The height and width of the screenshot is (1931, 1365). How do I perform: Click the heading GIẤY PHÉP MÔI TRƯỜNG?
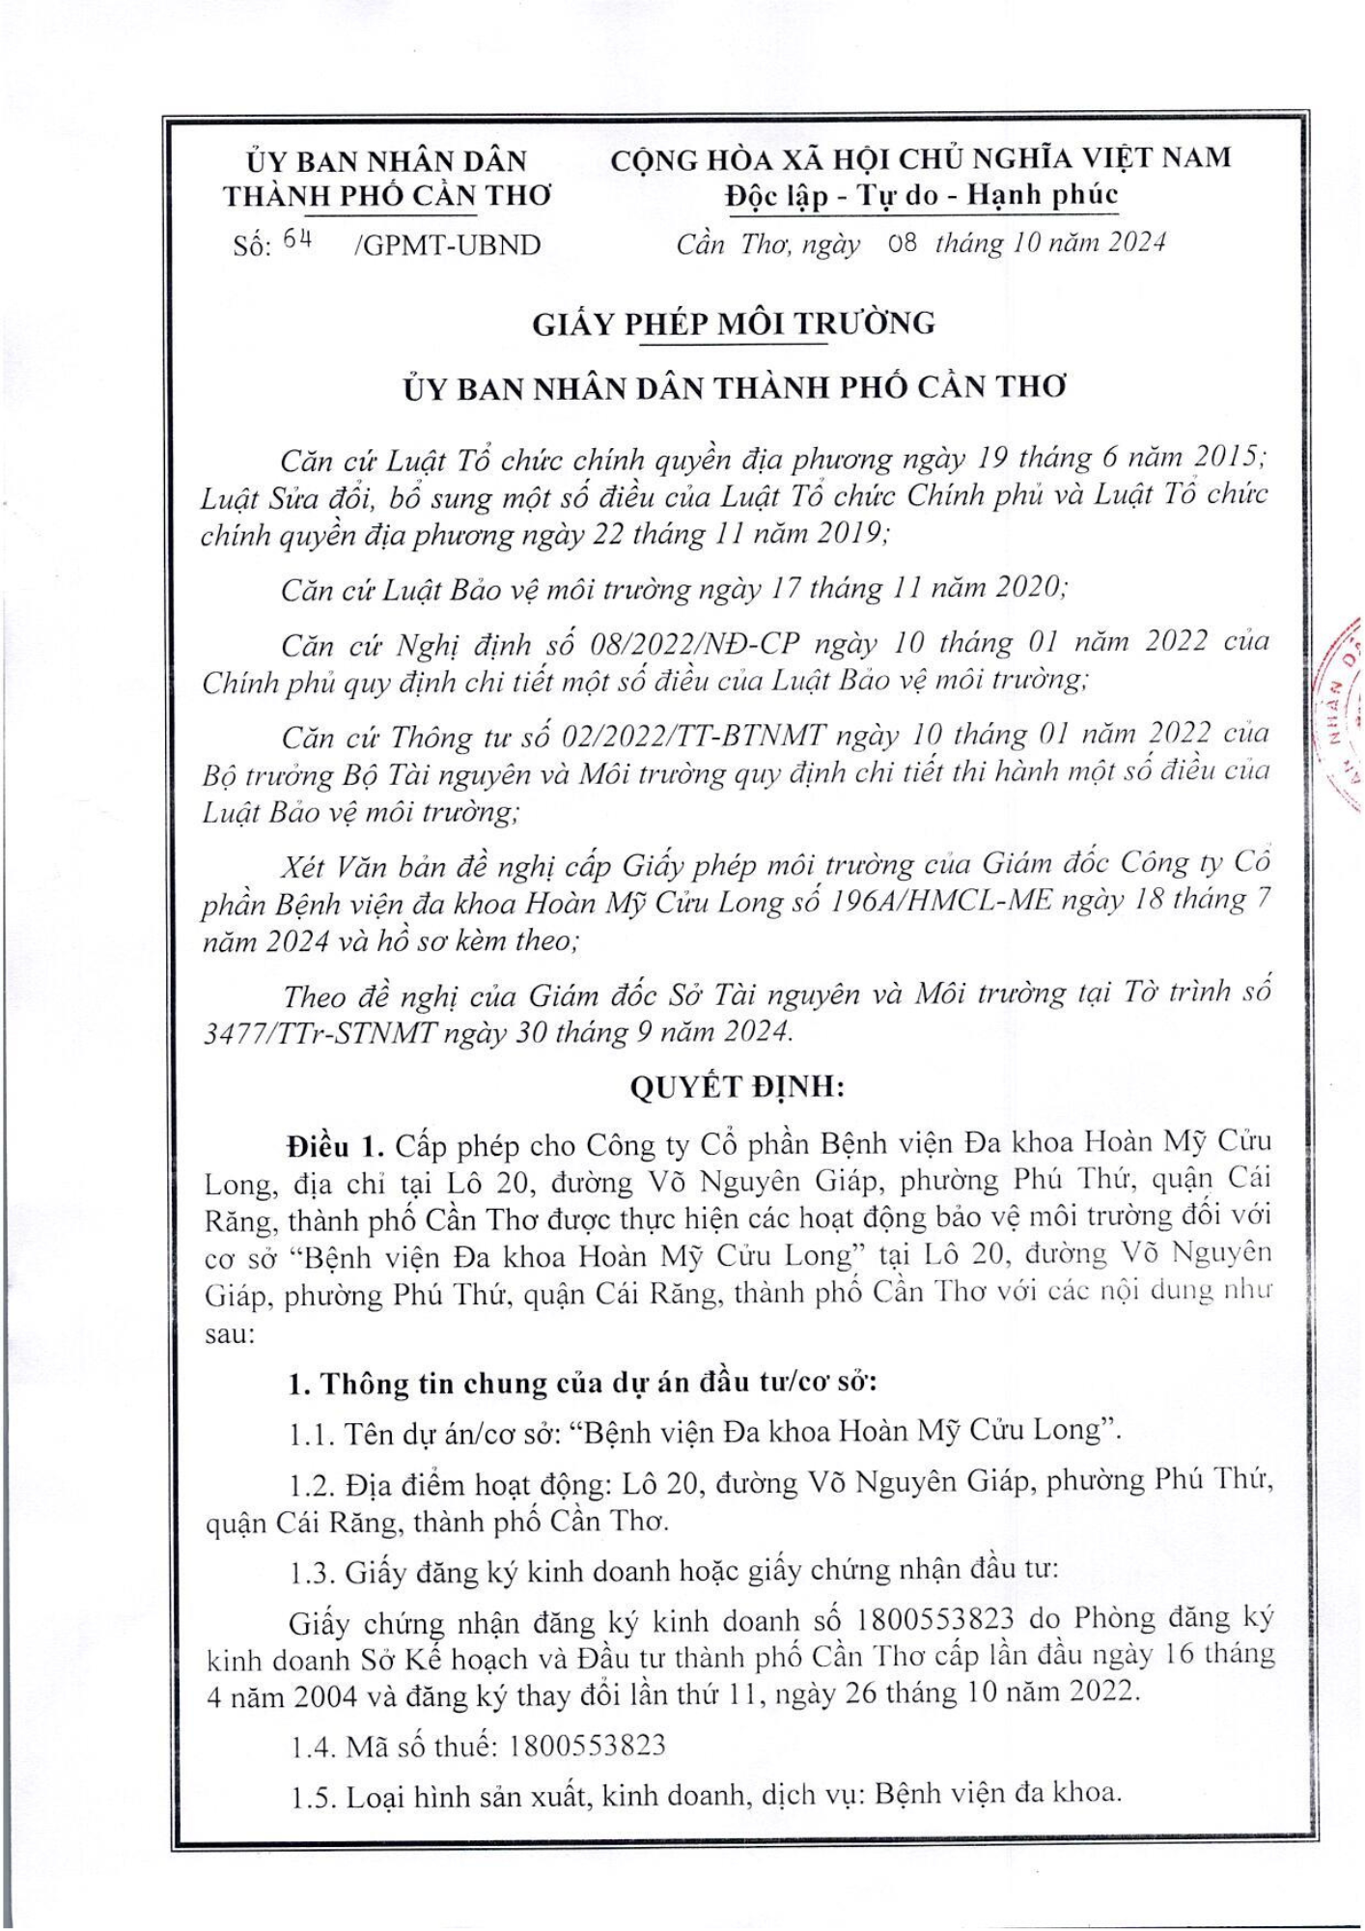click(734, 323)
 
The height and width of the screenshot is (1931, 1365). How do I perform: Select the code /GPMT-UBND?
click(448, 245)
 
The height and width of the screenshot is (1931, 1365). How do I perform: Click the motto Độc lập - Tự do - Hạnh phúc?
click(922, 196)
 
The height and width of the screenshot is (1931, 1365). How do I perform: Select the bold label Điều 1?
click(335, 1146)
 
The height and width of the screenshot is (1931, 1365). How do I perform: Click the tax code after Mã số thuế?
click(587, 1745)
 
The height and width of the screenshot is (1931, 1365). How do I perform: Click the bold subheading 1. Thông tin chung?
click(582, 1383)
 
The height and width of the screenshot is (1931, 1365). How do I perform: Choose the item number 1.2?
click(312, 1483)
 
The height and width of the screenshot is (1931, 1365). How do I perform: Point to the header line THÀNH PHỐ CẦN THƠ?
click(387, 196)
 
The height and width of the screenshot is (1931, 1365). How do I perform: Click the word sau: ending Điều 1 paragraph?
click(230, 1335)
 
